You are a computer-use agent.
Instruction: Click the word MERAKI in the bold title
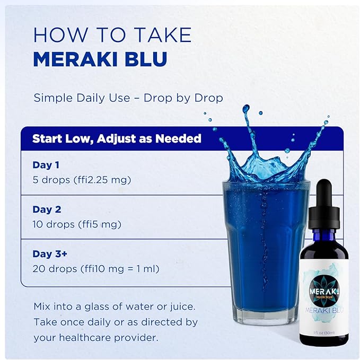(76, 59)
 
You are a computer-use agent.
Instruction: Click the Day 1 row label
(46, 165)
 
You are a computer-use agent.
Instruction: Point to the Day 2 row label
(47, 209)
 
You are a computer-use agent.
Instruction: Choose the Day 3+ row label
(50, 254)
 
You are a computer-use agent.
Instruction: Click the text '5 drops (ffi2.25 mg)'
(82, 180)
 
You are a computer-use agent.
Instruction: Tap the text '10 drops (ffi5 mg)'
(77, 224)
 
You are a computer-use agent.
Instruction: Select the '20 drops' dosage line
(96, 269)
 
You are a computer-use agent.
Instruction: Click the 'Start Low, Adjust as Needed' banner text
(117, 139)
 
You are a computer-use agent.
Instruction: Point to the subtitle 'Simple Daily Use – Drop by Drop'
(128, 98)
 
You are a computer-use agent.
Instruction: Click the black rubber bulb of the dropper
(324, 192)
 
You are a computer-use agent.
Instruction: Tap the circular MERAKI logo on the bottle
(324, 291)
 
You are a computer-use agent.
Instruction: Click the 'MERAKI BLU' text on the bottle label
(324, 310)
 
